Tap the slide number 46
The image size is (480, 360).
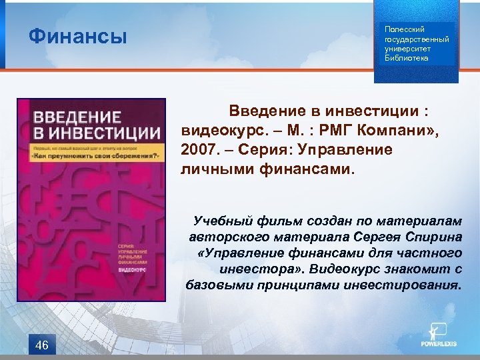pos(41,345)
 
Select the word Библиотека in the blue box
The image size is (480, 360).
pos(407,58)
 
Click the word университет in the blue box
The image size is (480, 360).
pos(409,49)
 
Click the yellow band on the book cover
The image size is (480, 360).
pos(91,151)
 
